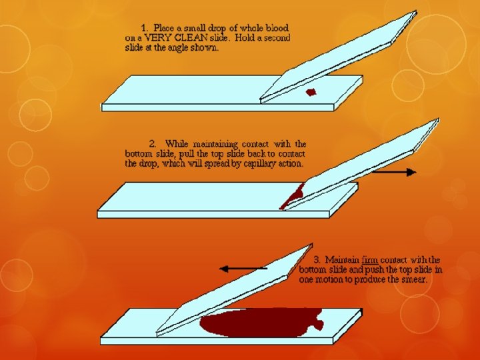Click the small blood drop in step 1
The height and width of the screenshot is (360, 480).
point(310,92)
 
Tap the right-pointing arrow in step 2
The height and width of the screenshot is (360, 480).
point(394,172)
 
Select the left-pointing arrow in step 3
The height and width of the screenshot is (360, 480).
point(243,269)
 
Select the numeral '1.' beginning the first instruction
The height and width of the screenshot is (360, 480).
point(145,28)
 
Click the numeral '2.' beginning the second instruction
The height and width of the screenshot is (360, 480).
point(153,143)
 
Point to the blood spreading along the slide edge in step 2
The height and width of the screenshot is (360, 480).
point(291,196)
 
